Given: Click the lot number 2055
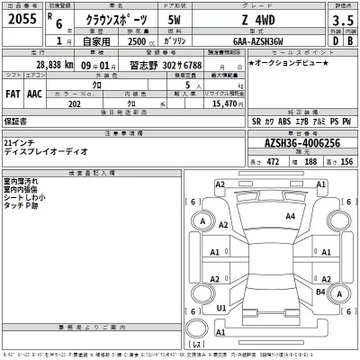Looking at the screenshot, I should [x=19, y=19].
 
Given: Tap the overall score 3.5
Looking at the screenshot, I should [x=338, y=19].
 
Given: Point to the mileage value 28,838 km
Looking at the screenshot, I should [x=54, y=67].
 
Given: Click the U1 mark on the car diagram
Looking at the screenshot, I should [x=221, y=308].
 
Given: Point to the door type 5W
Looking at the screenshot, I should [x=175, y=19].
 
